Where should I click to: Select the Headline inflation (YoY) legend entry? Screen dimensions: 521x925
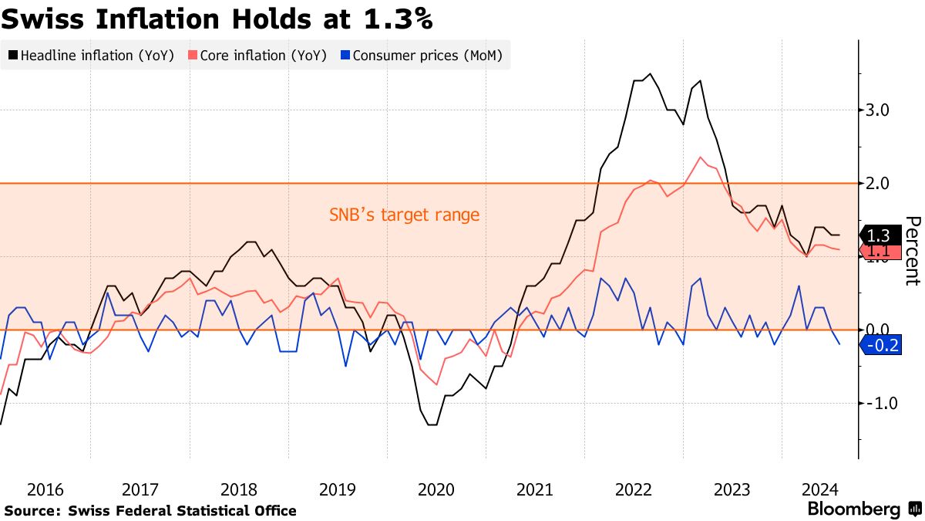coord(92,56)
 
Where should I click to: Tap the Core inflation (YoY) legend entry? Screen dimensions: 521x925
coord(257,56)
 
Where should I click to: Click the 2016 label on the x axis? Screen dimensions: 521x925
coord(45,489)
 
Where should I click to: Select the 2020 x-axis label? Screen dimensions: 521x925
coord(436,489)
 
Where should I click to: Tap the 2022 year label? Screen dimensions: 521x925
coord(634,489)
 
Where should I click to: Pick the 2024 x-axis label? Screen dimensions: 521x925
coord(820,489)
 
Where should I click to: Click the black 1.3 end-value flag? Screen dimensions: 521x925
coord(878,235)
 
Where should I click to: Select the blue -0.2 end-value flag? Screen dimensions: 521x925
coord(880,346)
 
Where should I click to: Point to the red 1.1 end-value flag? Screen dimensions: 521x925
coord(878,251)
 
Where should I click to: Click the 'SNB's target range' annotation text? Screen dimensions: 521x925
coord(404,215)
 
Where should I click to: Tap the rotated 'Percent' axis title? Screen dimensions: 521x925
coord(912,251)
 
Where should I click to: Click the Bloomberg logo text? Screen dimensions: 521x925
coord(853,509)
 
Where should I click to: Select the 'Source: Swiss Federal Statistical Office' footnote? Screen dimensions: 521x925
coord(150,510)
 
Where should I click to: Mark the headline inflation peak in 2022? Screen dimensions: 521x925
coord(650,74)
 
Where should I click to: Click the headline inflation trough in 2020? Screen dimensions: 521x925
coord(432,425)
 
